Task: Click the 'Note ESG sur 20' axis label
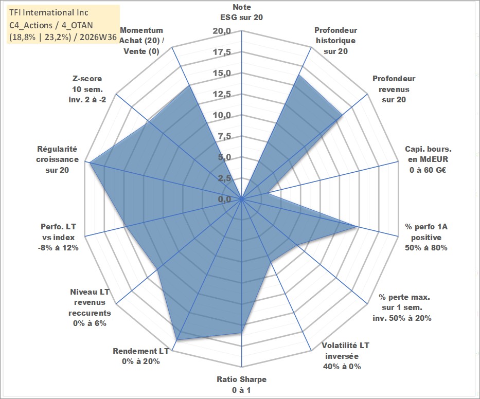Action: [241, 12]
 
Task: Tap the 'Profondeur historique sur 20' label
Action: [335, 41]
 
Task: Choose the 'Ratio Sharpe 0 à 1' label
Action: [241, 385]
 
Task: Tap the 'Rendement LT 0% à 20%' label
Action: [141, 356]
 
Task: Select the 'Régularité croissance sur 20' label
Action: [57, 159]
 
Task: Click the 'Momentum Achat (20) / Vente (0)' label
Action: [141, 41]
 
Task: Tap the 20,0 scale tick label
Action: [222, 31]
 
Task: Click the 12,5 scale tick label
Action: [222, 94]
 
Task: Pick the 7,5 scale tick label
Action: [224, 136]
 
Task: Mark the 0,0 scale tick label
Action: [224, 199]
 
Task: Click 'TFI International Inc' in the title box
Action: [49, 12]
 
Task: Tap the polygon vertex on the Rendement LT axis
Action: [177, 340]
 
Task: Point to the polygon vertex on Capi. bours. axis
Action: [267, 193]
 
